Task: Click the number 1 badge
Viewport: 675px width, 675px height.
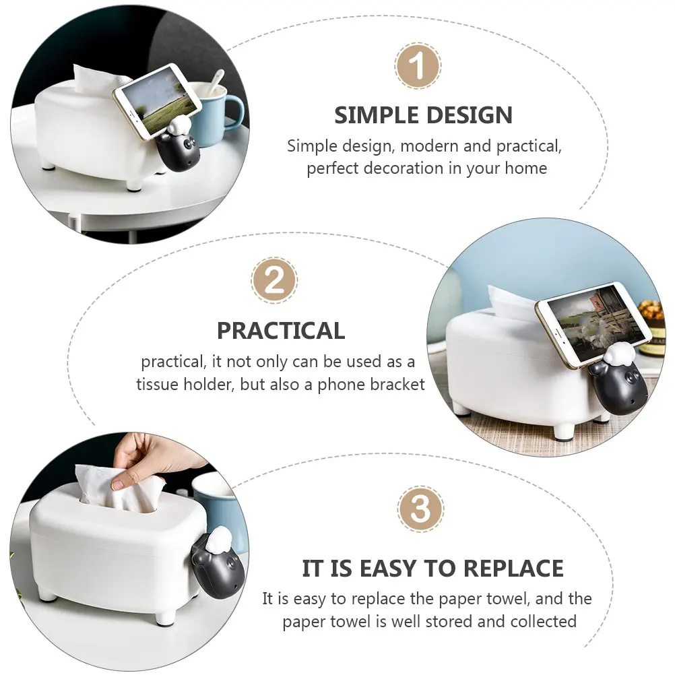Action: coord(417,66)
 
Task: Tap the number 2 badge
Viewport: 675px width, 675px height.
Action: coord(274,280)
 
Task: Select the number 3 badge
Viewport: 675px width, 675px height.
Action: coord(420,509)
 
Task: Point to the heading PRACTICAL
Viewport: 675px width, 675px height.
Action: coord(281,331)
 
